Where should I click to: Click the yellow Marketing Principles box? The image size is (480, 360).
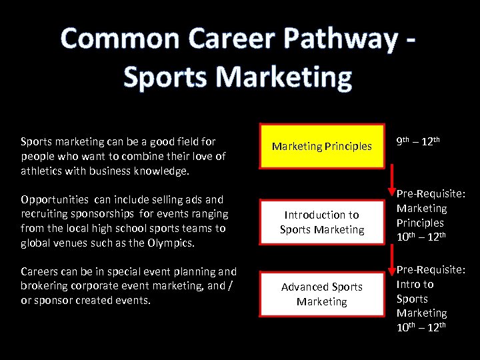[322, 146]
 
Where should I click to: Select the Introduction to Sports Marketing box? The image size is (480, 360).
[322, 222]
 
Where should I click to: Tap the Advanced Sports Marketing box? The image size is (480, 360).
[322, 293]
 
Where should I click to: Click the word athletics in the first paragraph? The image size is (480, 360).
[42, 171]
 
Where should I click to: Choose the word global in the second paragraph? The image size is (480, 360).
[36, 243]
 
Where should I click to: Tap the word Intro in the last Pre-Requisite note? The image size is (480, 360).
[409, 284]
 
